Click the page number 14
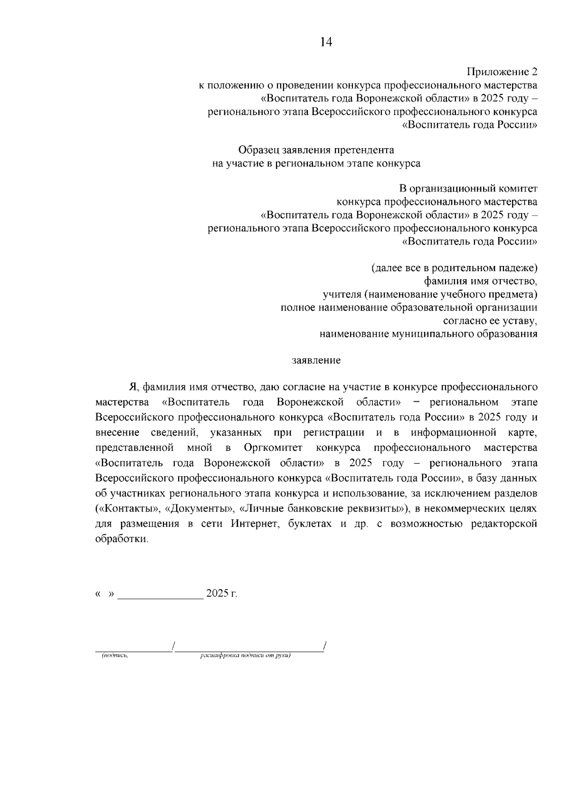tap(326, 42)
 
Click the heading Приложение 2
tap(502, 72)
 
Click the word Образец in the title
tap(259, 150)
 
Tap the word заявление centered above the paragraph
tap(316, 360)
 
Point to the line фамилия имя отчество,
tap(480, 281)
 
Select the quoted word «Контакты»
tap(127, 509)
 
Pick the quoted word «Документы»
tap(200, 509)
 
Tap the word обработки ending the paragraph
tap(121, 540)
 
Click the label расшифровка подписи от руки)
tap(245, 656)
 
